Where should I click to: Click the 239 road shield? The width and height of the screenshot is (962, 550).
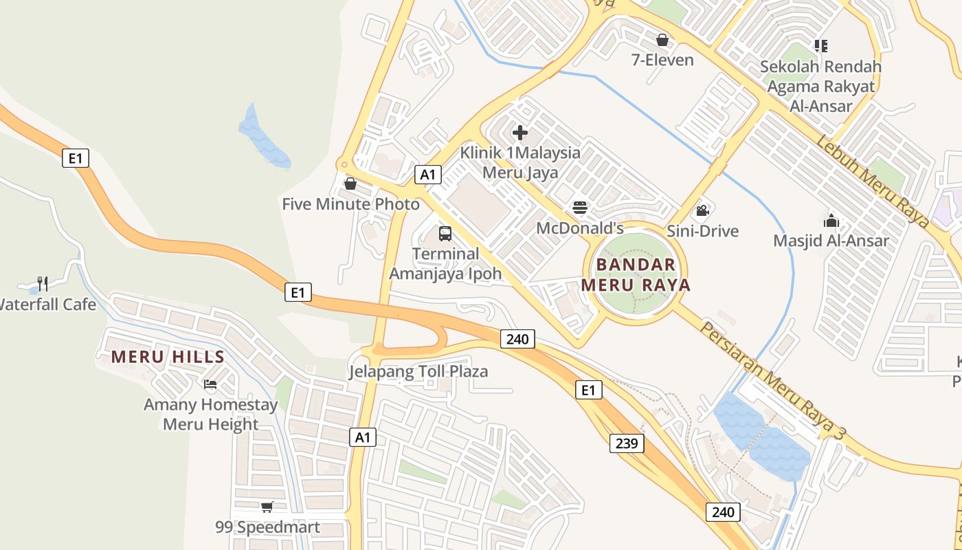pyautogui.click(x=627, y=443)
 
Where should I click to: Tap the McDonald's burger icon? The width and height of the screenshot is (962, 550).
pyautogui.click(x=580, y=208)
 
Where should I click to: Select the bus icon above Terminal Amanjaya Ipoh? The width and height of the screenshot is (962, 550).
pyautogui.click(x=445, y=234)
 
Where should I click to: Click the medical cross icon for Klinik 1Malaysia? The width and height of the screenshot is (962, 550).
pyautogui.click(x=520, y=132)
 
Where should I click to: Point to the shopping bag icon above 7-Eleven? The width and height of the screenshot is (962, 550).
pyautogui.click(x=662, y=40)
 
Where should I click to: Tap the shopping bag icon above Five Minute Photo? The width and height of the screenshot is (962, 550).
pyautogui.click(x=350, y=184)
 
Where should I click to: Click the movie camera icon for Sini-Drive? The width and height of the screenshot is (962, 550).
pyautogui.click(x=702, y=210)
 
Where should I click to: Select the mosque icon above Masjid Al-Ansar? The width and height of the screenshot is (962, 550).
pyautogui.click(x=831, y=221)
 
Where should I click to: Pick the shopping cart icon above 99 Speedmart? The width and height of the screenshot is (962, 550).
pyautogui.click(x=267, y=507)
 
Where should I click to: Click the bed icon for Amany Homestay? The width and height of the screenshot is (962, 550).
pyautogui.click(x=210, y=384)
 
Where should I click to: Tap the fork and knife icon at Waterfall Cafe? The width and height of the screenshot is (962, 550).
pyautogui.click(x=43, y=283)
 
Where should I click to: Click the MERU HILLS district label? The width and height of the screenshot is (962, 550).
pyautogui.click(x=168, y=357)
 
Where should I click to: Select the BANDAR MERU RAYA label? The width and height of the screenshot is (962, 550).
pyautogui.click(x=636, y=274)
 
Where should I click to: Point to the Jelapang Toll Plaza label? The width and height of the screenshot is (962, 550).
pyautogui.click(x=418, y=372)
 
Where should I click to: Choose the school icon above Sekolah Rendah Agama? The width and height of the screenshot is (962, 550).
pyautogui.click(x=820, y=46)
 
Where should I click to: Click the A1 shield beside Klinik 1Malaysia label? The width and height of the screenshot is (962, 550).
pyautogui.click(x=427, y=175)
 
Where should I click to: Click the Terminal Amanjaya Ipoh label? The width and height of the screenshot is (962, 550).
pyautogui.click(x=446, y=263)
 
